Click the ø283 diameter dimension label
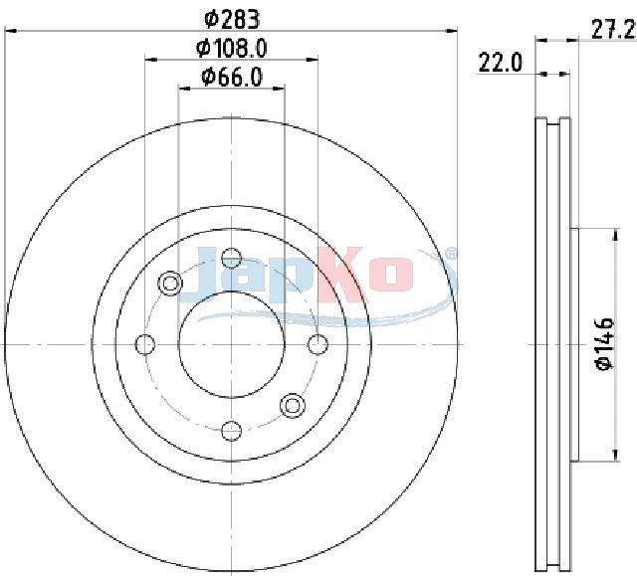(232, 20)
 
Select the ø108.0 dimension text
(232, 49)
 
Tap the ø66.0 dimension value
(232, 78)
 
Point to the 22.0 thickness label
(500, 63)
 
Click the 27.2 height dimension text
(613, 30)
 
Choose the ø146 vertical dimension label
(605, 344)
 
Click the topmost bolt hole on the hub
(232, 259)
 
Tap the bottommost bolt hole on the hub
(232, 431)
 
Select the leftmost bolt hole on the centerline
(145, 344)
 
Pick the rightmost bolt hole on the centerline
(318, 344)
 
